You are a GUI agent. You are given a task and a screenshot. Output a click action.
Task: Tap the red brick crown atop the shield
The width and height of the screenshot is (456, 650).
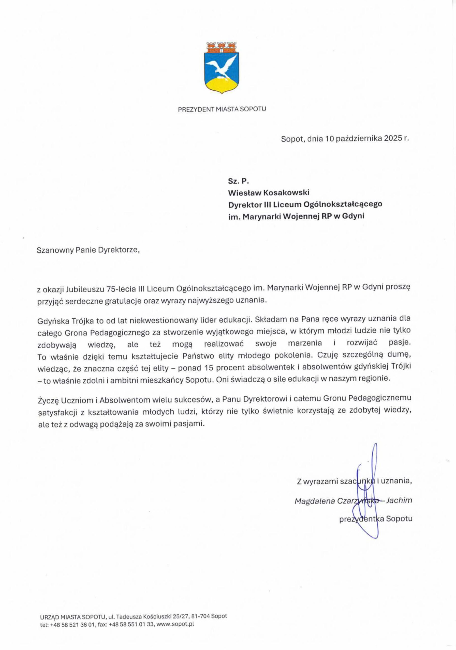[x=222, y=47]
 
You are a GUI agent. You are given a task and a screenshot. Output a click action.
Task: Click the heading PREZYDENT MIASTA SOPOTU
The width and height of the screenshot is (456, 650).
[x=222, y=109]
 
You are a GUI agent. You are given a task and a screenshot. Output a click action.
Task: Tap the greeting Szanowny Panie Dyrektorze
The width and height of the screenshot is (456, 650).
[x=89, y=250]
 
